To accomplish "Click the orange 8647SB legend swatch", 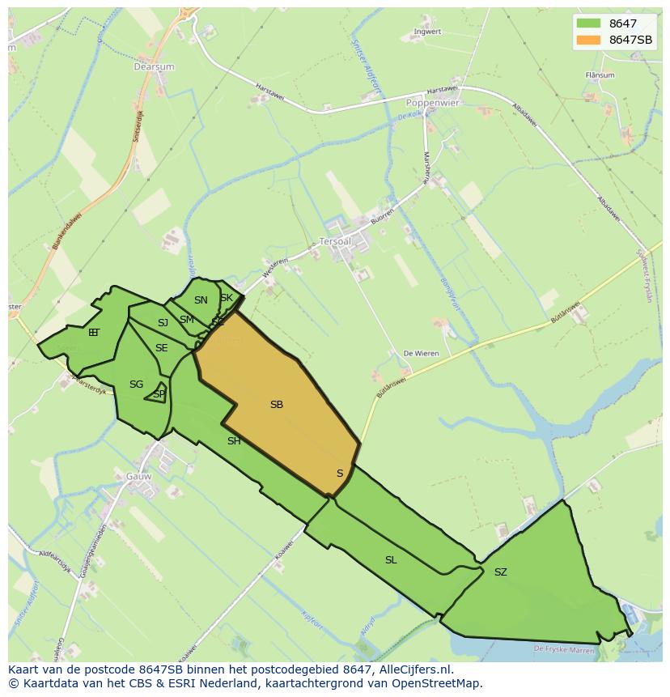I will click(589, 40).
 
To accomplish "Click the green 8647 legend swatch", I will click(589, 23).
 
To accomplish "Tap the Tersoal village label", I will click(336, 241).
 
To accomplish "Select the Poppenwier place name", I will click(432, 103).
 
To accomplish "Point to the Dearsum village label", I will click(154, 67).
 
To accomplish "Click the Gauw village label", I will click(138, 476).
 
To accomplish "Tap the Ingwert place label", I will click(427, 32).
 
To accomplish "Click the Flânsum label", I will click(600, 75).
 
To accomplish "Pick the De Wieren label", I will click(420, 354).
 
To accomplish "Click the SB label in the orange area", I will click(277, 404).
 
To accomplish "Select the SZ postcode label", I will click(501, 572).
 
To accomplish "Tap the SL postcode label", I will click(391, 559).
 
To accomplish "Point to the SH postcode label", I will click(234, 441).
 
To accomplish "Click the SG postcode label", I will click(136, 385).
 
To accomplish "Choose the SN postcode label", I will click(201, 300).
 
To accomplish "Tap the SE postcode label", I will click(162, 348).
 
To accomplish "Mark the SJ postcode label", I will click(163, 323).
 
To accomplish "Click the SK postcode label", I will click(227, 298).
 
